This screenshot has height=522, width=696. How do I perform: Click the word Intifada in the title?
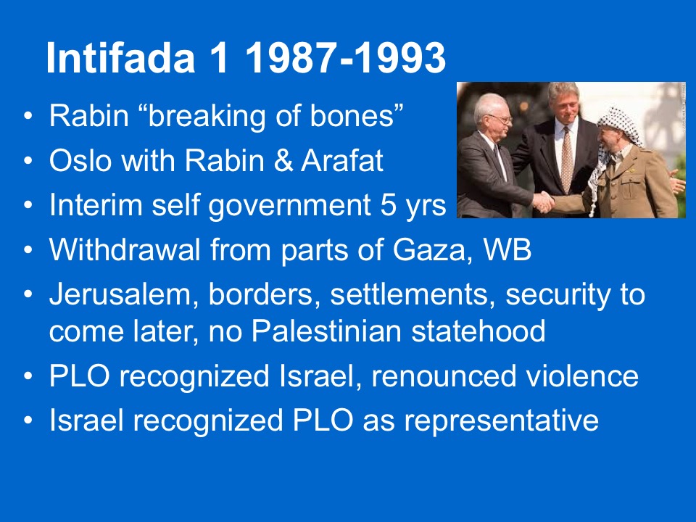click(120, 58)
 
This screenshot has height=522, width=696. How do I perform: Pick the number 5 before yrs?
click(388, 205)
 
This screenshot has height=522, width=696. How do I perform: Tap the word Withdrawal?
click(125, 249)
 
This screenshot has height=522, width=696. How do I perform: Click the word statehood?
click(478, 331)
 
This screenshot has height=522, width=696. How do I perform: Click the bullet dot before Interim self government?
click(28, 206)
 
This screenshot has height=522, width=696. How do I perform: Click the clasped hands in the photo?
click(544, 202)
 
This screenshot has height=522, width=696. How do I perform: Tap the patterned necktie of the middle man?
click(567, 159)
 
